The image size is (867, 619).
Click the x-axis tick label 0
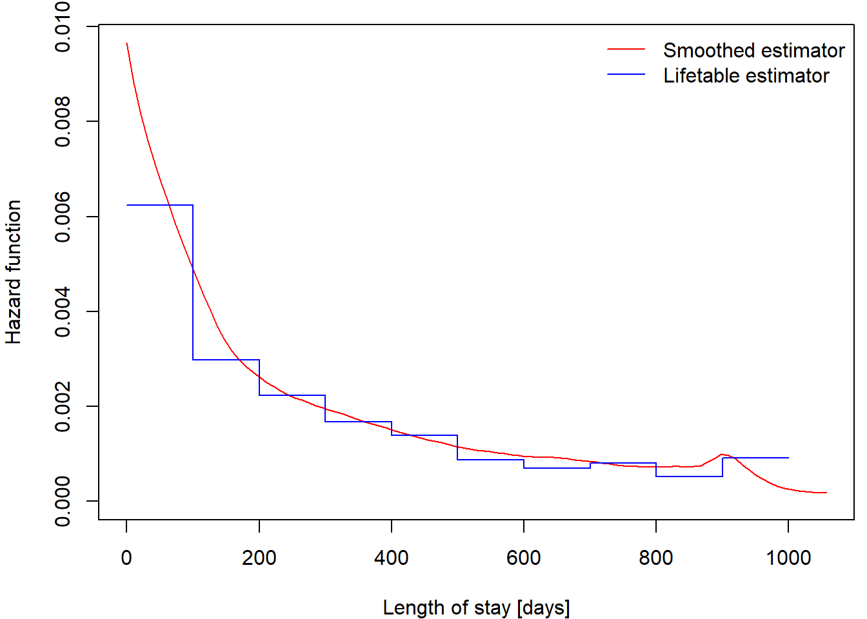pyautogui.click(x=126, y=557)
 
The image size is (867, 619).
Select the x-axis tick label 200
pyautogui.click(x=259, y=557)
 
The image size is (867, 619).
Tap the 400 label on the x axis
pyautogui.click(x=391, y=557)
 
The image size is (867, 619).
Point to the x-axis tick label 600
pyautogui.click(x=523, y=557)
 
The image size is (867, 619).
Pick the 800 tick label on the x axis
pyautogui.click(x=655, y=557)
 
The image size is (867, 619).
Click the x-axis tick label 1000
pyautogui.click(x=788, y=557)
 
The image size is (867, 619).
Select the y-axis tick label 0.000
pyautogui.click(x=63, y=501)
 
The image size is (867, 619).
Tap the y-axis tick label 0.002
pyautogui.click(x=63, y=406)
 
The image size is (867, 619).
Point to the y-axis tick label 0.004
pyautogui.click(x=63, y=311)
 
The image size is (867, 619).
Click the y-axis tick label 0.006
pyautogui.click(x=63, y=217)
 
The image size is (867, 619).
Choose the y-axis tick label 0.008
pyautogui.click(x=63, y=121)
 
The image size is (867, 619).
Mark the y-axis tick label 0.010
pyautogui.click(x=63, y=27)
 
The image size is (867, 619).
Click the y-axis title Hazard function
pyautogui.click(x=14, y=271)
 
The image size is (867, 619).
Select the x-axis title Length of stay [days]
pyautogui.click(x=476, y=607)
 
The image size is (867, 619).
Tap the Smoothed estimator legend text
pyautogui.click(x=753, y=50)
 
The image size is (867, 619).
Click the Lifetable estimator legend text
pyautogui.click(x=746, y=75)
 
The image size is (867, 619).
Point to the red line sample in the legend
pyautogui.click(x=626, y=49)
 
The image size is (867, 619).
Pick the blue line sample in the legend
pyautogui.click(x=626, y=75)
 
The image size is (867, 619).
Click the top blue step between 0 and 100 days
pyautogui.click(x=159, y=205)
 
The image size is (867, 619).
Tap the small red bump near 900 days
pyautogui.click(x=722, y=454)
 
